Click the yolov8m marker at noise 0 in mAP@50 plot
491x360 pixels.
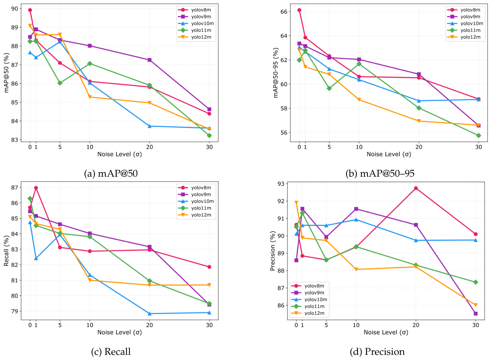pyautogui.click(x=30, y=10)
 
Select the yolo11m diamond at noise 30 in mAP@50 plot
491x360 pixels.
pyautogui.click(x=209, y=136)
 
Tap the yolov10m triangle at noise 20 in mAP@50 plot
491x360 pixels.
pyautogui.click(x=149, y=126)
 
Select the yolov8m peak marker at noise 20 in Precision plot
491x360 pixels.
pyautogui.click(x=416, y=188)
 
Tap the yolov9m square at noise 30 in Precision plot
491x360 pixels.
pyautogui.click(x=476, y=314)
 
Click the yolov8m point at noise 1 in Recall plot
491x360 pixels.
pyautogui.click(x=36, y=188)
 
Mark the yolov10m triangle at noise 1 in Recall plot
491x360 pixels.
pyautogui.click(x=36, y=258)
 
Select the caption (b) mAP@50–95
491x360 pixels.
pyautogui.click(x=380, y=173)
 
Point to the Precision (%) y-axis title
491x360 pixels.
pyautogui.click(x=273, y=251)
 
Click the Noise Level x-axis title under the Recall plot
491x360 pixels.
pyautogui.click(x=120, y=332)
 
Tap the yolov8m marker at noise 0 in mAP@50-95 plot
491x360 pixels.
pyautogui.click(x=299, y=10)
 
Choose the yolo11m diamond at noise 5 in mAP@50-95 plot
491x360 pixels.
pyautogui.click(x=329, y=88)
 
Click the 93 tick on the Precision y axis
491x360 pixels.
pyautogui.click(x=281, y=184)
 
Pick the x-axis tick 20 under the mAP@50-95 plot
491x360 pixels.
pyautogui.click(x=419, y=147)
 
